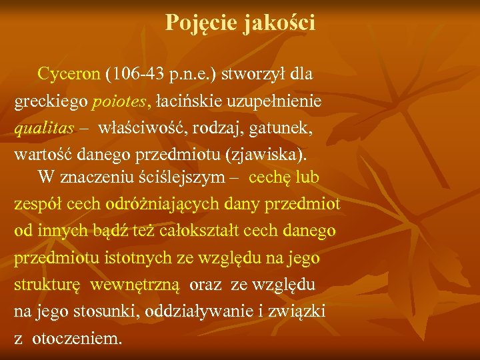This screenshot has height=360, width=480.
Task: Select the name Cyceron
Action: (69, 74)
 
